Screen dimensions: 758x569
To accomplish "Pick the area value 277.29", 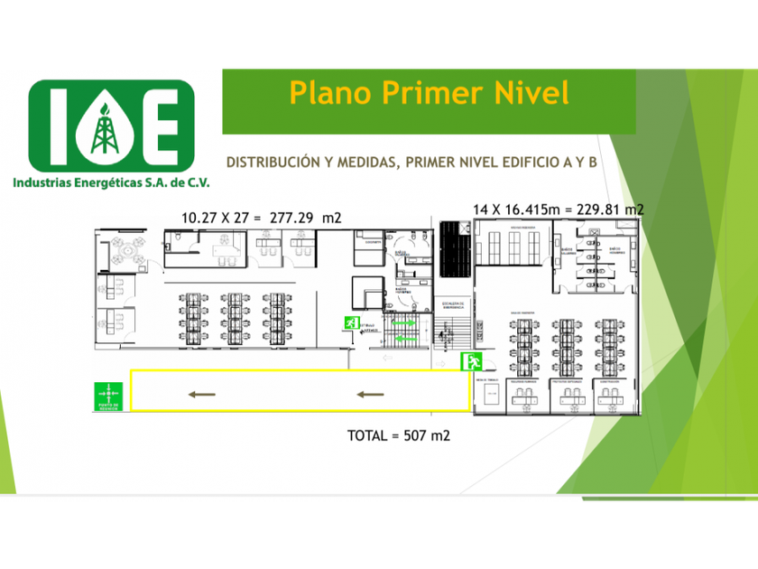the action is tap(287, 218).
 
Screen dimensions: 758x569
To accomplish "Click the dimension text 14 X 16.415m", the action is tap(513, 210).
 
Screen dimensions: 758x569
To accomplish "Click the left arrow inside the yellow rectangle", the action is tap(202, 394).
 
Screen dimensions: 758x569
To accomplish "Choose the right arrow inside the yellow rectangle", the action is tap(370, 394).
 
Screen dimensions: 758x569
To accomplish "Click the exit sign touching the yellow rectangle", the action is tap(472, 362).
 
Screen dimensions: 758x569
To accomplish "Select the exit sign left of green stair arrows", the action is tap(348, 322).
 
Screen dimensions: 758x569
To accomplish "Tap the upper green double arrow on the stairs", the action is tap(403, 322).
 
